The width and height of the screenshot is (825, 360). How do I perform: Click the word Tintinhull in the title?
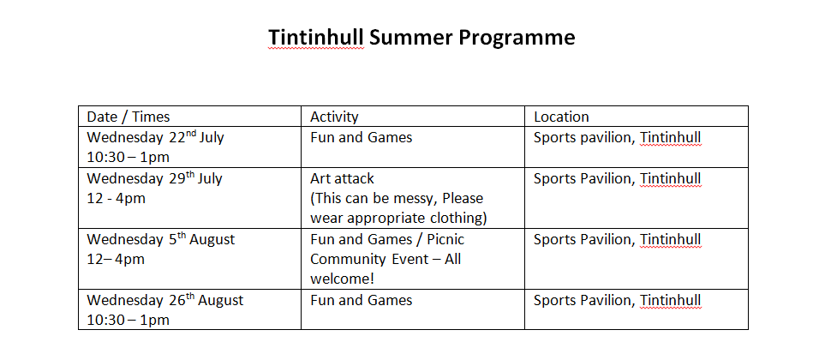pyautogui.click(x=315, y=38)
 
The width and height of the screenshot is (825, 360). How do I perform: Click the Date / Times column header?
pyautogui.click(x=129, y=117)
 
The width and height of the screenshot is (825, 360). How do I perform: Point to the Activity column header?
pyautogui.click(x=334, y=117)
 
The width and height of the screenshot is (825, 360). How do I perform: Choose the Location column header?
pyautogui.click(x=561, y=117)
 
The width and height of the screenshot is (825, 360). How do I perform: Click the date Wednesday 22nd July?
pyautogui.click(x=155, y=137)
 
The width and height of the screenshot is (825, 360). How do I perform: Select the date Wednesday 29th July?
pyautogui.click(x=155, y=178)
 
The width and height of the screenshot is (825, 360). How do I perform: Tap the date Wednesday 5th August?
pyautogui.click(x=160, y=239)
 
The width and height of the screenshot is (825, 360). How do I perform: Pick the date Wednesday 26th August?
pyautogui.click(x=165, y=301)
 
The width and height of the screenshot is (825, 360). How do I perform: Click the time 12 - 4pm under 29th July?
pyautogui.click(x=116, y=199)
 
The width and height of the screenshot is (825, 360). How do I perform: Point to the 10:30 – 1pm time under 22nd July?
pyautogui.click(x=128, y=158)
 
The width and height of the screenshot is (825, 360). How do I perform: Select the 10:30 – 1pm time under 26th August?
pyautogui.click(x=128, y=320)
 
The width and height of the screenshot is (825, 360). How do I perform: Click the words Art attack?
pyautogui.click(x=342, y=179)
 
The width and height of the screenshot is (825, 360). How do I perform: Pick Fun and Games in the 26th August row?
pyautogui.click(x=361, y=301)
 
